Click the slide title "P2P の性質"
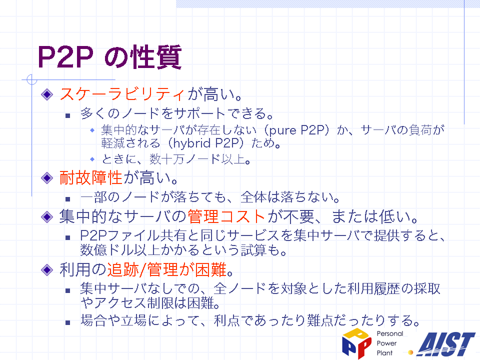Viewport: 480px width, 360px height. pos(109,57)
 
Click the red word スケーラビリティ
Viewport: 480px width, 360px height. pos(122,93)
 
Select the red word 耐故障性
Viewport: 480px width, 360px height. pos(91,177)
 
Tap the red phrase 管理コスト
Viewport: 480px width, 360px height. pos(226,216)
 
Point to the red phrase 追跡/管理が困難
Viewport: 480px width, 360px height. pos(167,269)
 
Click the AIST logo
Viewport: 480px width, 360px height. pos(446,344)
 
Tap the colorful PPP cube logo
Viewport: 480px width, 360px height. pos(356,343)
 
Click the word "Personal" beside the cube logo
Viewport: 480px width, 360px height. pos(389,333)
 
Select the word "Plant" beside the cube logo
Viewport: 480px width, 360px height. pos(384,353)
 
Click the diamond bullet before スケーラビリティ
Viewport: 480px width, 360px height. pos(47,94)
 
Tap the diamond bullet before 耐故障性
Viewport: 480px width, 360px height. pos(47,178)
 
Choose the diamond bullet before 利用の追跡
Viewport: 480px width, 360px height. pos(47,270)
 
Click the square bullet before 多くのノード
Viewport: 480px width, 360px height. pos(68,115)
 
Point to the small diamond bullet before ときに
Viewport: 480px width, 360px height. pos(92,159)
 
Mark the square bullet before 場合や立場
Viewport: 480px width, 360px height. pos(68,322)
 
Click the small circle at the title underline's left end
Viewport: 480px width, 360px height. pos(31,79)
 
